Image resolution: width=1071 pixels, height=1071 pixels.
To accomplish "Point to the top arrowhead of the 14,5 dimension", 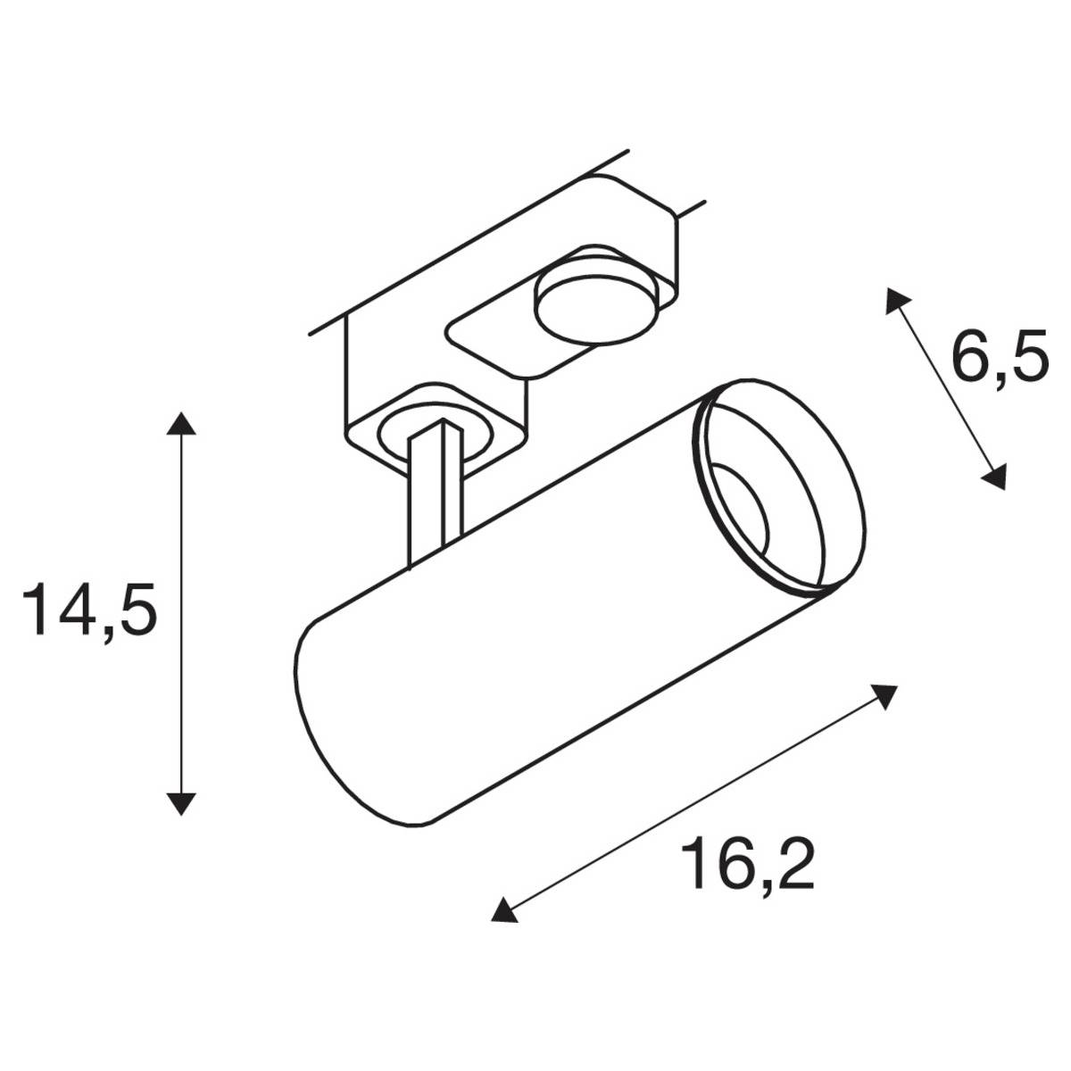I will [x=181, y=423].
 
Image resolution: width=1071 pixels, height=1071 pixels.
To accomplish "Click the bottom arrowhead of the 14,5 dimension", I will [x=181, y=804].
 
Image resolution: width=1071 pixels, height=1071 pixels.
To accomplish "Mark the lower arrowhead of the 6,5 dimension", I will [x=994, y=477].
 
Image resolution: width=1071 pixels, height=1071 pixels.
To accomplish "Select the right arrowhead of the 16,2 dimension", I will [x=884, y=695].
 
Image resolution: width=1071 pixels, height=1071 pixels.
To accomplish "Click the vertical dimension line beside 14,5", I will [x=181, y=616].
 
